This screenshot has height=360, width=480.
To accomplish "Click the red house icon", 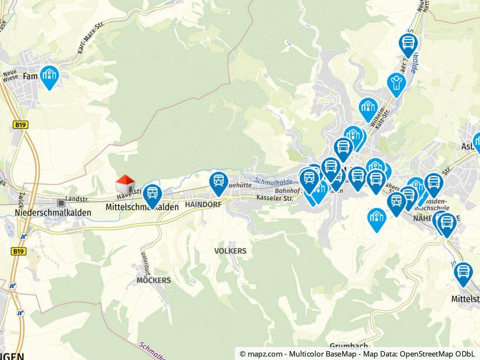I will coord(125,184).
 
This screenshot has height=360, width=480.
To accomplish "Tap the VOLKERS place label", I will coord(230,251).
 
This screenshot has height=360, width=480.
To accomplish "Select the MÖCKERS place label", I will coord(154,280).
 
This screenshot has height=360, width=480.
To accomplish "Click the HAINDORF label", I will coord(203,205).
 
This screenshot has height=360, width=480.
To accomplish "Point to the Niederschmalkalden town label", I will coord(53,213).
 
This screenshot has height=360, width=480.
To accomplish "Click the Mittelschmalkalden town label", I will coord(142,207).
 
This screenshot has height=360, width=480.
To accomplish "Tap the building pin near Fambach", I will coord(49,76).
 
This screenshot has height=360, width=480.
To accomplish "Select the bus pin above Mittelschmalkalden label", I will coord(152,194).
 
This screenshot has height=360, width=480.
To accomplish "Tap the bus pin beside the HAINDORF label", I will coord(219,183).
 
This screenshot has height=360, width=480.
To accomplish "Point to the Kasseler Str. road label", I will coord(275,198).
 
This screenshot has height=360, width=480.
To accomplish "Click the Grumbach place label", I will coord(348,346).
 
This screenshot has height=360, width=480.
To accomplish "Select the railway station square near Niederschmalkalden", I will coord(61,203).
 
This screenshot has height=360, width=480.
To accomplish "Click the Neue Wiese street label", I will coord(10,75).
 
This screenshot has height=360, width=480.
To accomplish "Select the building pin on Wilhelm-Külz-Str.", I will coord(368,108).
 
